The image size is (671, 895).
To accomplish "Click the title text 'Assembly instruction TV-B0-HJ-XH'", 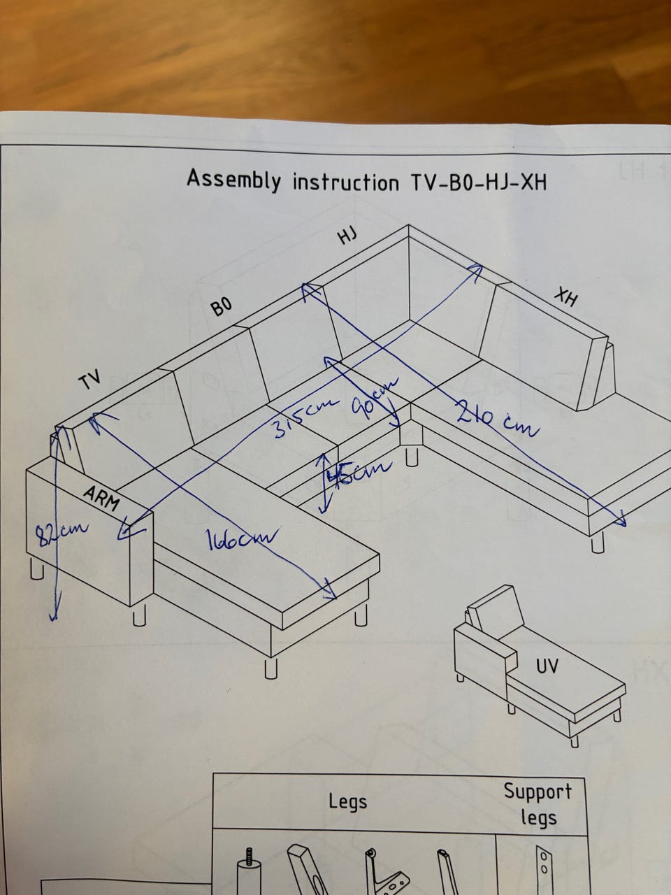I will [366, 181].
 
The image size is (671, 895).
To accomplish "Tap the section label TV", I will [89, 380].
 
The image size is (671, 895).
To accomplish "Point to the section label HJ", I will [347, 236].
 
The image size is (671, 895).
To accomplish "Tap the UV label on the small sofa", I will [547, 666].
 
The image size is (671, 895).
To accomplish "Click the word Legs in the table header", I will [347, 801].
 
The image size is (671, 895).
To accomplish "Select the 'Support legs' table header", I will [537, 804].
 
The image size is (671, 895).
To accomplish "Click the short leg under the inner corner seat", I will [412, 456].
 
